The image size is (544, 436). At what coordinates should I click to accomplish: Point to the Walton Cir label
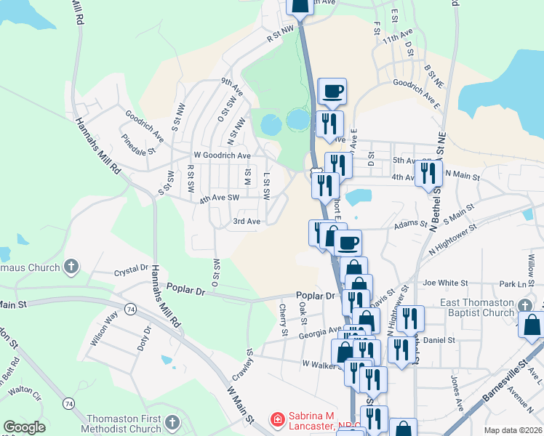25,391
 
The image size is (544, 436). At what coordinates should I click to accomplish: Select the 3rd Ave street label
246,221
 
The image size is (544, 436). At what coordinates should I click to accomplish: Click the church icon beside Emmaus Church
71,267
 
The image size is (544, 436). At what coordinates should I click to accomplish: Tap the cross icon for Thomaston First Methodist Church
172,422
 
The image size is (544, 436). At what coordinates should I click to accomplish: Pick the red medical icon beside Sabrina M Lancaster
276,419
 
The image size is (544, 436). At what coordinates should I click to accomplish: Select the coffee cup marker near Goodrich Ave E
333,91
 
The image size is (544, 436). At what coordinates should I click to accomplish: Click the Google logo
24,427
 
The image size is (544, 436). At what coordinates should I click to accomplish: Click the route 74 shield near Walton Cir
68,403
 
